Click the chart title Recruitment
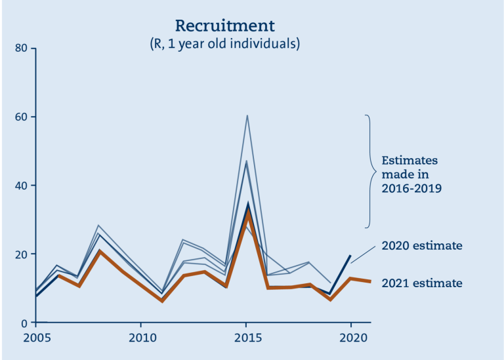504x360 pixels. (224, 26)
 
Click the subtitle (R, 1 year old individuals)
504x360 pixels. (224, 44)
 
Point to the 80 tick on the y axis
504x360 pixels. (21, 48)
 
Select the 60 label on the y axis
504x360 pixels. (21, 117)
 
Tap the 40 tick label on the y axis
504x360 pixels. (21, 186)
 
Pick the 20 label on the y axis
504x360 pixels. (21, 254)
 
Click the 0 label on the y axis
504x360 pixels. (24, 323)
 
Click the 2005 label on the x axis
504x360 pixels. (37, 338)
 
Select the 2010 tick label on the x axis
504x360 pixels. (142, 338)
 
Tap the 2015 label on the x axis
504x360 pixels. (248, 338)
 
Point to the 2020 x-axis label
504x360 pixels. (353, 338)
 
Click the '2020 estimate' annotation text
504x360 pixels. (422, 246)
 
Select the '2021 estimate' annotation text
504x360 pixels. (422, 283)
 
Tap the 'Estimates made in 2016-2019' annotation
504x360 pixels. (411, 174)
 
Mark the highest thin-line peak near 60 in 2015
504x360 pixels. (247, 115)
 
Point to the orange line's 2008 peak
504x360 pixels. (100, 251)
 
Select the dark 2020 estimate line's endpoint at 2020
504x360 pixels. (350, 256)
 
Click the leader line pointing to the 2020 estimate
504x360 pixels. (363, 255)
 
